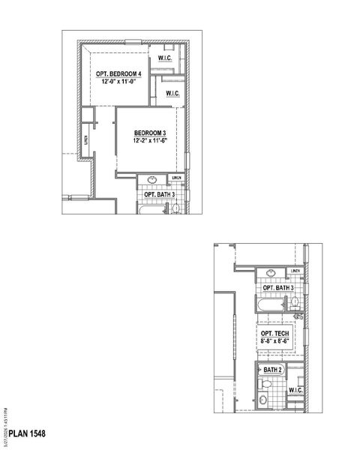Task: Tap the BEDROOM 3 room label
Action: (148, 132)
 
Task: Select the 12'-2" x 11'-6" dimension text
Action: (148, 140)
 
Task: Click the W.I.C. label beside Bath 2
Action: (296, 390)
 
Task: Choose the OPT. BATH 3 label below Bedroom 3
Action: (159, 195)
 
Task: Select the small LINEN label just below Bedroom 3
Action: (177, 178)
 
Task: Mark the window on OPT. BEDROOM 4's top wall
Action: (120, 43)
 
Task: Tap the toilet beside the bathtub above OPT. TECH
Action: (295, 304)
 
